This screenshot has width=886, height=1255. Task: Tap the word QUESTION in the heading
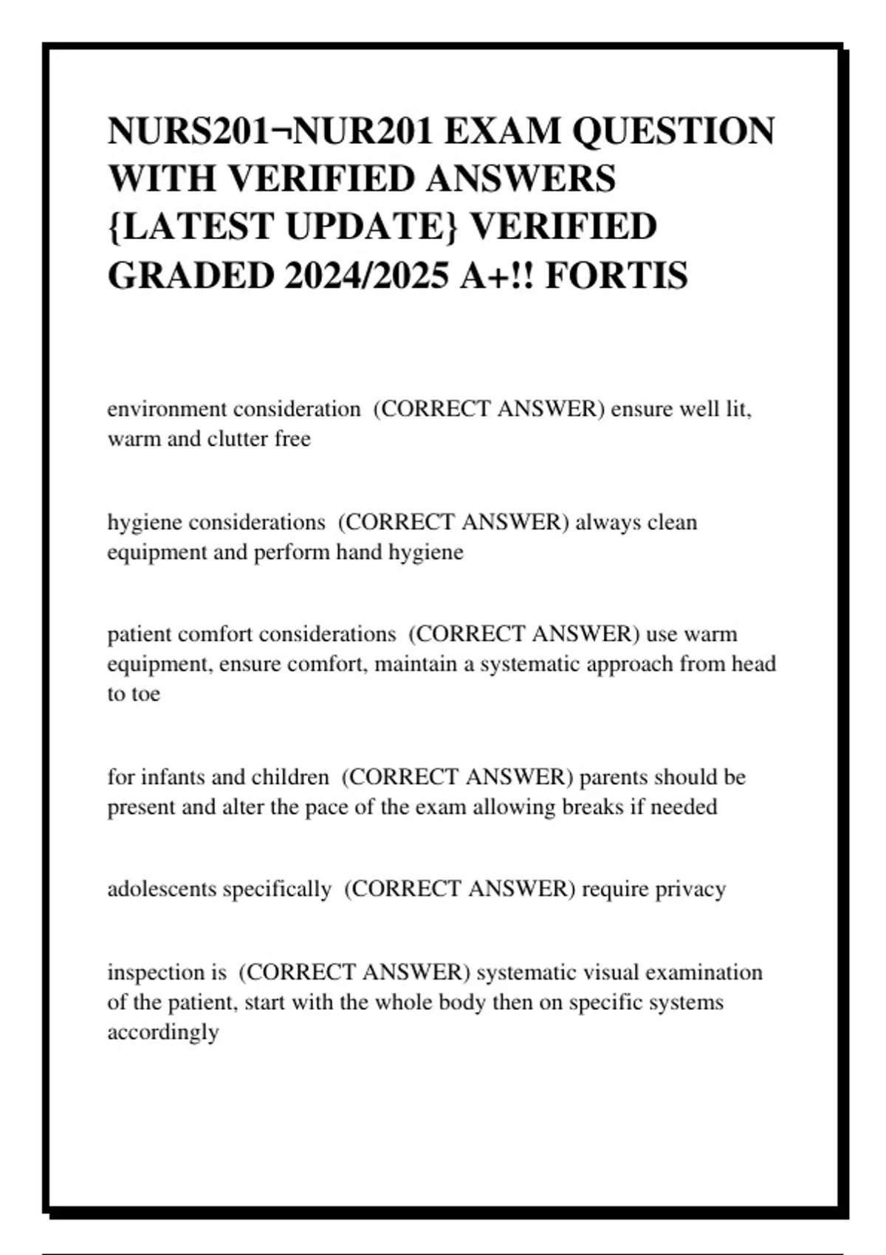pyautogui.click(x=673, y=131)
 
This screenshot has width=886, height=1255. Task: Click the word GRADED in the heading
pyautogui.click(x=190, y=276)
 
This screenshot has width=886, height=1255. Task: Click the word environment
pyautogui.click(x=167, y=409)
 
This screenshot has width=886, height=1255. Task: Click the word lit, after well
pyautogui.click(x=735, y=409)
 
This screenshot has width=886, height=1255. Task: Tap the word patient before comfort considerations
pyautogui.click(x=139, y=634)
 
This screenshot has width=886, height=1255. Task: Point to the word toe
pyautogui.click(x=146, y=694)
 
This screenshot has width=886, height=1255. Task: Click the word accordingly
pyautogui.click(x=163, y=1032)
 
